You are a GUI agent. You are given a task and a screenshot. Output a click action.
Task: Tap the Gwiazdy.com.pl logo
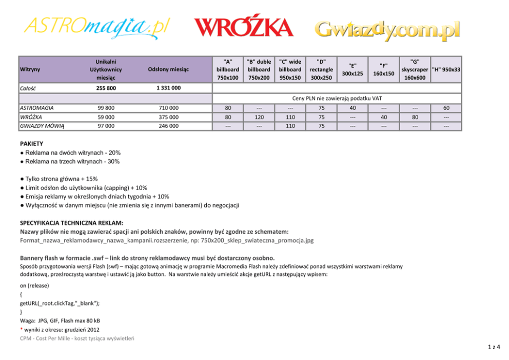(387, 29)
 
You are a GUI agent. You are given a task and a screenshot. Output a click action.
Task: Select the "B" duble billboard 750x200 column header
(259, 69)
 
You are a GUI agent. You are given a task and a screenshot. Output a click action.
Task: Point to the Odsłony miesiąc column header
(168, 69)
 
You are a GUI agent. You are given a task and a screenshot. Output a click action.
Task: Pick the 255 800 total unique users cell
(106, 88)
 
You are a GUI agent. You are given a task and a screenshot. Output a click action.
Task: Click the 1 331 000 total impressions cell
(168, 88)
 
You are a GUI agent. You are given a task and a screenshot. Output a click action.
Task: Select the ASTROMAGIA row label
(36, 108)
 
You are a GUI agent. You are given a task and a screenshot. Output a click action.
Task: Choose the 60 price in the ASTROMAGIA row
(446, 108)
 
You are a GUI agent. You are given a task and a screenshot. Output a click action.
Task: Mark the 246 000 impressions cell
(168, 125)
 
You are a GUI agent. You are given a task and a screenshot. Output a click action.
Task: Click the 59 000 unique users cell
(106, 117)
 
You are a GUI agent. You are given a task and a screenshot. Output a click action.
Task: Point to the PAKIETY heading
(31, 144)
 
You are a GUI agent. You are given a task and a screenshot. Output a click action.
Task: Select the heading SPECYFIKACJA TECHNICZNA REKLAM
(71, 223)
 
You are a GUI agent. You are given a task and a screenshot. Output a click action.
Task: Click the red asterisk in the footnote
(22, 329)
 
